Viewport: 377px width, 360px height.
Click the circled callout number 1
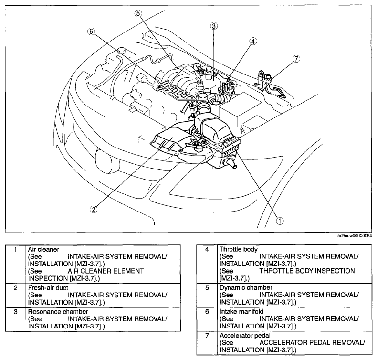280,221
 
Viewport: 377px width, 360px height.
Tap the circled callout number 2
94,209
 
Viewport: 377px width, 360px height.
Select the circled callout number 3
214,26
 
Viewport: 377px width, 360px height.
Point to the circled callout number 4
253,42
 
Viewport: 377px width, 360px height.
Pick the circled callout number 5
138,13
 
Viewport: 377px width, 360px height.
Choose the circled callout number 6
91,32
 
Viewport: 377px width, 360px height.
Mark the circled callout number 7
296,59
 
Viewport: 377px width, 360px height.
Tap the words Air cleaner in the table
43,249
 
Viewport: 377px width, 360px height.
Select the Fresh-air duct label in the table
48,288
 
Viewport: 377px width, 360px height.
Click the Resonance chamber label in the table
58,312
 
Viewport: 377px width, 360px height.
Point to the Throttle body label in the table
239,249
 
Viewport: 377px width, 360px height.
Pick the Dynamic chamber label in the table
246,287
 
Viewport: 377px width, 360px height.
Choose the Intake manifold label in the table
241,311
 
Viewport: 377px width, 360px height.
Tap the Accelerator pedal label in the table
245,335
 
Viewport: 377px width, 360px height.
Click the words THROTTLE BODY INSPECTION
307,271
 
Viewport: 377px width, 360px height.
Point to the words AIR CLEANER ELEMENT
105,271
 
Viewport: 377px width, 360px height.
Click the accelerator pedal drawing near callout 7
268,84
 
